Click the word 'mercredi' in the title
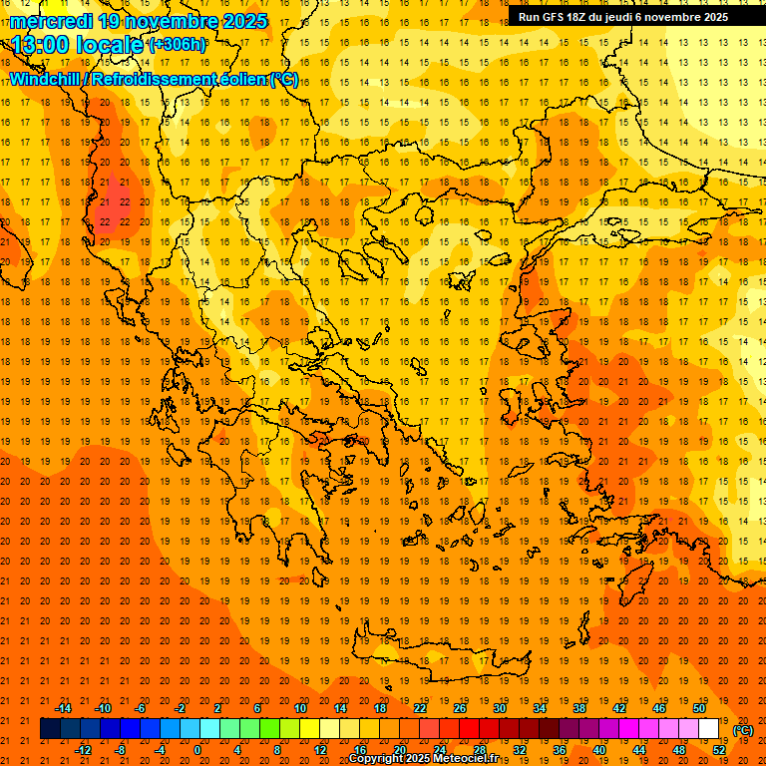(x=51, y=21)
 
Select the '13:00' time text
(x=43, y=44)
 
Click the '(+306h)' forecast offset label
(x=177, y=45)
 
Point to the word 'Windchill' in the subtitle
(x=46, y=79)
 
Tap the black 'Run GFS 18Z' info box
(x=623, y=17)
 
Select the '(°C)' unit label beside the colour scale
(x=742, y=730)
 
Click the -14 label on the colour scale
(x=63, y=708)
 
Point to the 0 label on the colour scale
(x=197, y=750)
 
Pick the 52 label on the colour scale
(x=719, y=750)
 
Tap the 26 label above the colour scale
(x=460, y=708)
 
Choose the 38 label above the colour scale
(x=579, y=708)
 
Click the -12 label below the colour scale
(x=83, y=750)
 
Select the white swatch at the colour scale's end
(x=709, y=729)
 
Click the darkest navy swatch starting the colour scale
(x=50, y=729)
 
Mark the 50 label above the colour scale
(x=699, y=708)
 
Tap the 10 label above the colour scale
(x=299, y=708)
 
